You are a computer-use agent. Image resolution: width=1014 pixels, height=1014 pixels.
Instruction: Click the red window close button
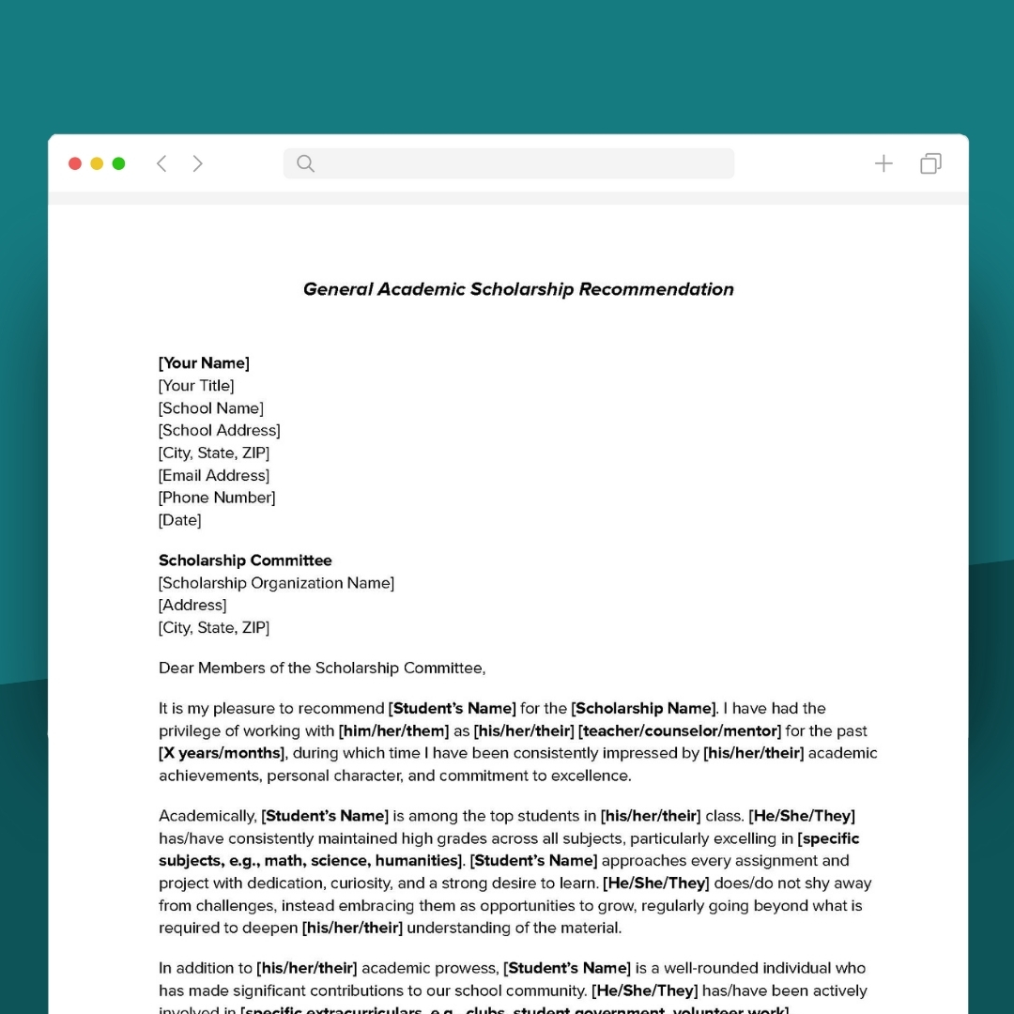(x=75, y=163)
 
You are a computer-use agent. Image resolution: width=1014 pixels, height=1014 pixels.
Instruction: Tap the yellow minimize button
(x=97, y=163)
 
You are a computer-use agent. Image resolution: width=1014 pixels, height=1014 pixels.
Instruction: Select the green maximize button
(x=118, y=163)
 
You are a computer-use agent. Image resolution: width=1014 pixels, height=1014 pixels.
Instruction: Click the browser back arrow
(x=161, y=163)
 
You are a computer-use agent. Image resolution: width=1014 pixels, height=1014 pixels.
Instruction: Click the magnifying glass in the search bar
(x=305, y=163)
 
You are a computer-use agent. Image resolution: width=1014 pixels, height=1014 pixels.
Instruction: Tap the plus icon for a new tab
(x=883, y=163)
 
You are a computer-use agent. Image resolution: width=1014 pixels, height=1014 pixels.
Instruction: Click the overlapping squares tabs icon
(x=930, y=163)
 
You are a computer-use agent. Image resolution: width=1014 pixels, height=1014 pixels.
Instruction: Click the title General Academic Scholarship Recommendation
(x=518, y=289)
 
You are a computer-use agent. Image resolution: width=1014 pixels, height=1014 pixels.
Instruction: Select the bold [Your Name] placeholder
(x=204, y=363)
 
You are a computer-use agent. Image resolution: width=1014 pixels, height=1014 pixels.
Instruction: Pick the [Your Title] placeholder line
(x=196, y=386)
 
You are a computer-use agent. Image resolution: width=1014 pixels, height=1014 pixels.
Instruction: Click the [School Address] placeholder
(x=220, y=430)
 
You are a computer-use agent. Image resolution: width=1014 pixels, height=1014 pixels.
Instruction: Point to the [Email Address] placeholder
(x=214, y=475)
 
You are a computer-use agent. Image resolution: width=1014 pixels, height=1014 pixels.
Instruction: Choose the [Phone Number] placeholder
(x=217, y=498)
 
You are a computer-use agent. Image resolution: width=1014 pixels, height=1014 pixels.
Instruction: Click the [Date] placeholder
(x=179, y=520)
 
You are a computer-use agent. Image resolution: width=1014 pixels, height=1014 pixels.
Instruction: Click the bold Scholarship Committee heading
(x=245, y=561)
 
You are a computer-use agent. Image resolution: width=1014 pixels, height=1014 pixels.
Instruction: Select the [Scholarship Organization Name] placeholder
(x=276, y=583)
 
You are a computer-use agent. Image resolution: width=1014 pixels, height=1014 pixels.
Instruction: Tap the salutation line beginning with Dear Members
(x=322, y=668)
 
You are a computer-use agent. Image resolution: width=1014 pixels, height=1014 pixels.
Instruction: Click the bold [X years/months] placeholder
(x=222, y=753)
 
